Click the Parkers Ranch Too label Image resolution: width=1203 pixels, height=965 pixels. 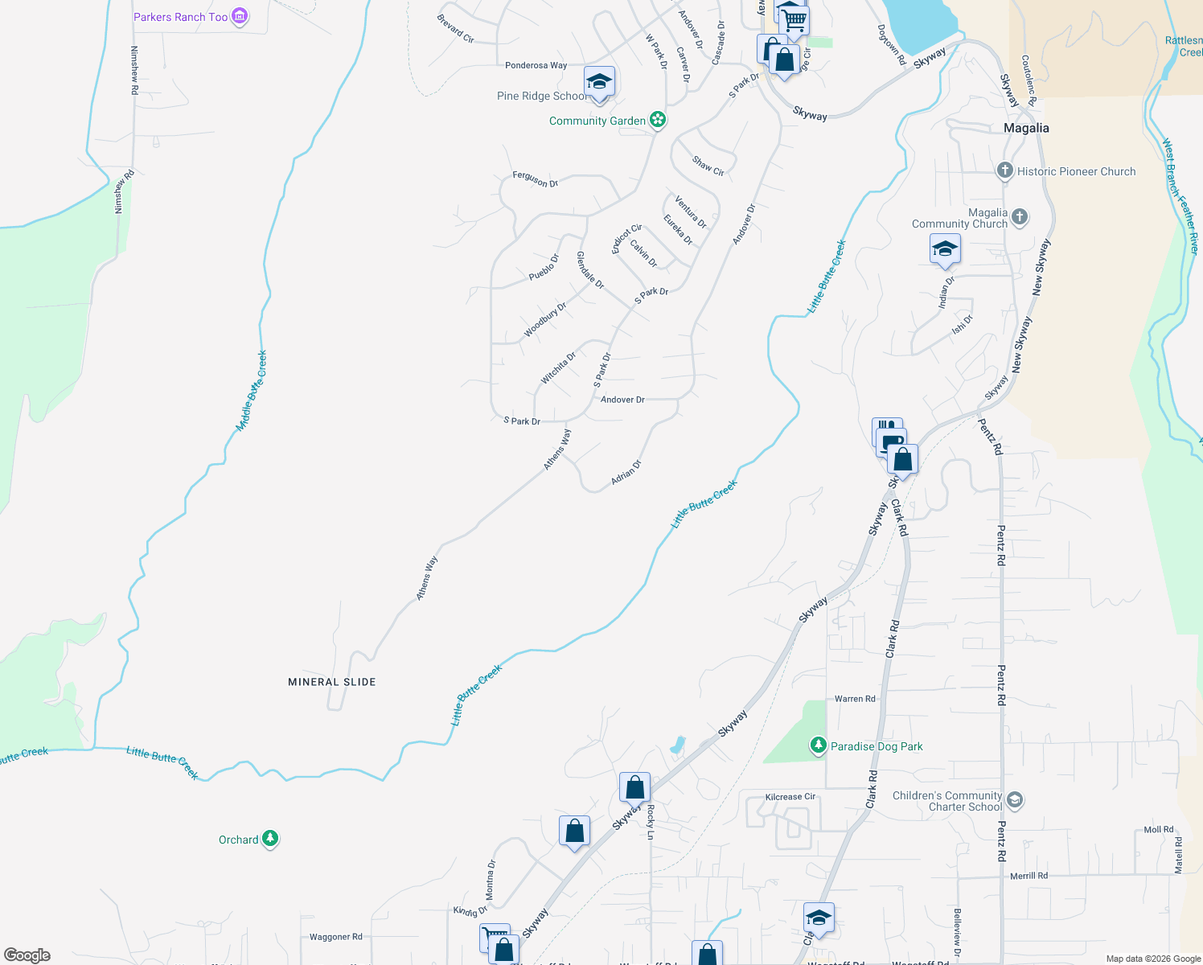pos(181,17)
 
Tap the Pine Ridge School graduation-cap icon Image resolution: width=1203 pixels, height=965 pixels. pos(599,82)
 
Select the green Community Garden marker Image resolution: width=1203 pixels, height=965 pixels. pos(658,120)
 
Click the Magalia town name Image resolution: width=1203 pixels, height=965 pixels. pos(1026,128)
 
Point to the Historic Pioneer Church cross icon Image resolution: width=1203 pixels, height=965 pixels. pos(1004,170)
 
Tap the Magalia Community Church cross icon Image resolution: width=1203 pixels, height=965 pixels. pos(1020,216)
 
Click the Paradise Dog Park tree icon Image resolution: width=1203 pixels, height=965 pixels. pos(818,745)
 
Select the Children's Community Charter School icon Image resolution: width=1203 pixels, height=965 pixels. pos(1015,799)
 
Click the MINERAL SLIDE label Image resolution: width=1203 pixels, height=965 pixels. pos(332,682)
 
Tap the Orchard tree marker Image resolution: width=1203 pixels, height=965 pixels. pos(270,839)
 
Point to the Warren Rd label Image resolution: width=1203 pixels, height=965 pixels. pos(855,699)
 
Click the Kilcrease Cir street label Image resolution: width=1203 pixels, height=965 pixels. pos(790,797)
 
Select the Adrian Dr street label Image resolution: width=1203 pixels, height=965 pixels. pos(626,472)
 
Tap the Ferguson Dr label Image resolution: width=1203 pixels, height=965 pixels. pos(535,179)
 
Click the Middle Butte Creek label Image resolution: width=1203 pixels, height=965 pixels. pos(252,391)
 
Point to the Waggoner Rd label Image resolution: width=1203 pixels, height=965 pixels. pos(336,937)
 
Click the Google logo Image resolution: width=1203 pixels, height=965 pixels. pos(27,955)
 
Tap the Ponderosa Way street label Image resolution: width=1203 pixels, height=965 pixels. pos(536,65)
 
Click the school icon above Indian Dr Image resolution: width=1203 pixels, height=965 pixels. pos(945,249)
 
